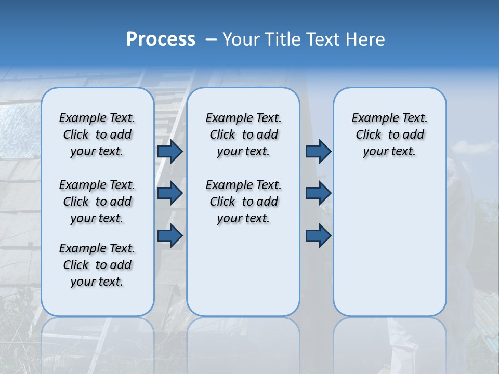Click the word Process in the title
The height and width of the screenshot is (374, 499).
coord(161,39)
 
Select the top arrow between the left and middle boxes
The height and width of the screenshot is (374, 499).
coord(170,151)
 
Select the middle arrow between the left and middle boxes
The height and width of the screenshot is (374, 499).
coord(170,193)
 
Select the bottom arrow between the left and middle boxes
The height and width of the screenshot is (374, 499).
coord(170,235)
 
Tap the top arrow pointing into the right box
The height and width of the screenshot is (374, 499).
coord(318,151)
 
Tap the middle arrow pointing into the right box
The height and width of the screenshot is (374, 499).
coord(318,193)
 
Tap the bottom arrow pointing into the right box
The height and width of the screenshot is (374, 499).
coord(318,235)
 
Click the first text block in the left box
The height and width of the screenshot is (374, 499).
coord(97,135)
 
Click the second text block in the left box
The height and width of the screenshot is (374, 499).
coord(97,202)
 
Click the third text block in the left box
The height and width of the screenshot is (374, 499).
coord(97,265)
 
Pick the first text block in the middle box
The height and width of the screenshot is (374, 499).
coord(243,135)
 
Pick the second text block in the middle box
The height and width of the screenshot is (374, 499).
coord(243,202)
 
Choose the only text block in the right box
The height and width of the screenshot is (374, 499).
coord(389,135)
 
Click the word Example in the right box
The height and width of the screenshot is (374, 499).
coord(371,118)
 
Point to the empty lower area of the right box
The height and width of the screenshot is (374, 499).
coord(389,244)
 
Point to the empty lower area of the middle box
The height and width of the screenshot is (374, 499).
coord(243,270)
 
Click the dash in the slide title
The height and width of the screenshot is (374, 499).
coord(212,39)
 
